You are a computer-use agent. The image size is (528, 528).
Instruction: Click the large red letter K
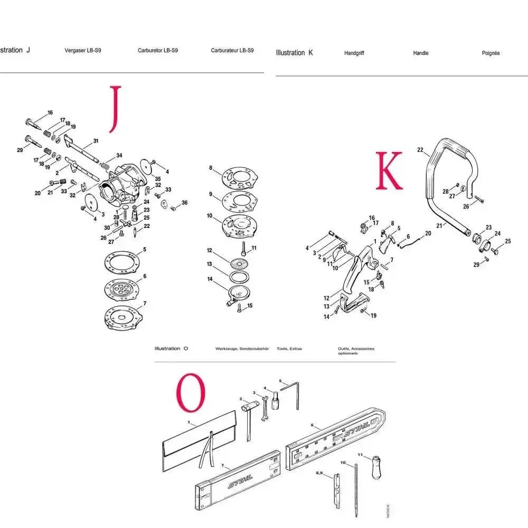click(389, 170)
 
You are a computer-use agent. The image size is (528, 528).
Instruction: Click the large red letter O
click(190, 393)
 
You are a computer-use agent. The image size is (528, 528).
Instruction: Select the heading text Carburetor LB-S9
click(157, 51)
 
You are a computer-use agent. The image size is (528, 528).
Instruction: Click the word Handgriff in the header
click(354, 53)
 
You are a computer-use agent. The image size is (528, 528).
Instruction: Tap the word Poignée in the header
click(491, 53)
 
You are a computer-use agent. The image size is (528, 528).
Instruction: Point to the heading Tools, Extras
click(289, 349)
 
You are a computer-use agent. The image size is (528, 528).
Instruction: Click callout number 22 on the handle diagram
click(420, 150)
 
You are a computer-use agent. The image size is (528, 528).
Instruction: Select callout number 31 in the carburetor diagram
click(96, 140)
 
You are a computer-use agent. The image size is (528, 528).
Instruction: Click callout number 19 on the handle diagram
click(373, 316)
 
